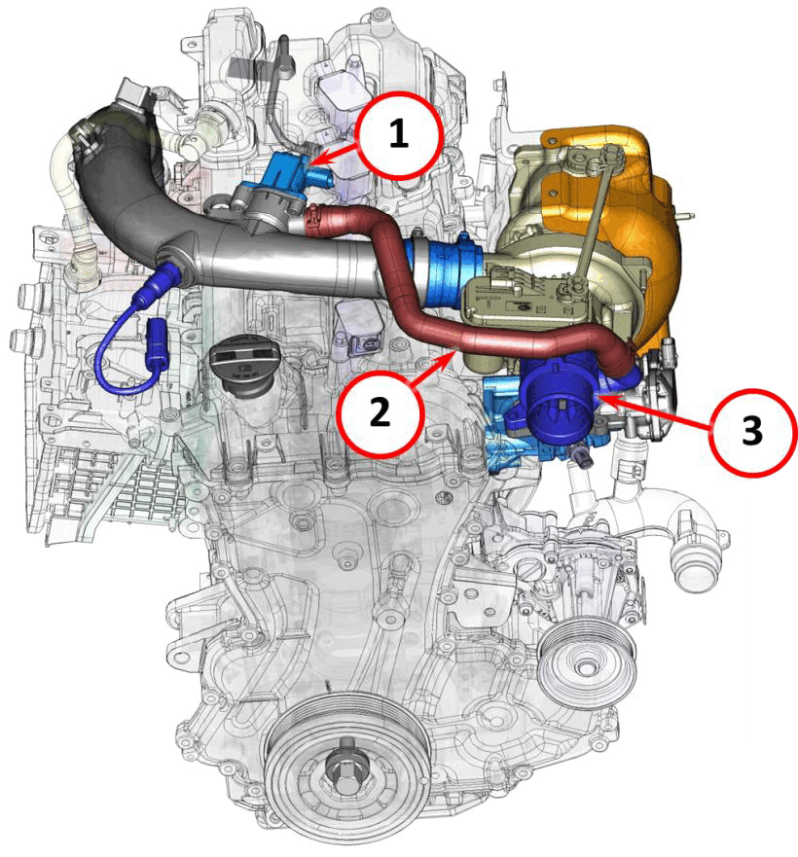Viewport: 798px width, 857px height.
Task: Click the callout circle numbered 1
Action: point(398,135)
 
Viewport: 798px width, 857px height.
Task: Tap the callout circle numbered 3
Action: point(752,431)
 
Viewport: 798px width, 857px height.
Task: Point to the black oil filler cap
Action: point(241,360)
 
